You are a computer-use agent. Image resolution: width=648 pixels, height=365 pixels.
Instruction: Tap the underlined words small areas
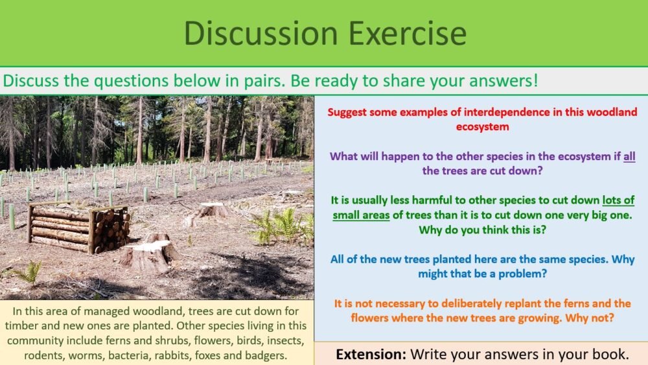361,215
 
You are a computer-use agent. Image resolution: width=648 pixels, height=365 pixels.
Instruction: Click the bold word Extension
370,354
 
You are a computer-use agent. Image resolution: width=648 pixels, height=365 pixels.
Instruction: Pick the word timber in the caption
23,325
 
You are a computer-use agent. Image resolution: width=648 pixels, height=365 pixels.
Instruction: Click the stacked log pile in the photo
78,227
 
